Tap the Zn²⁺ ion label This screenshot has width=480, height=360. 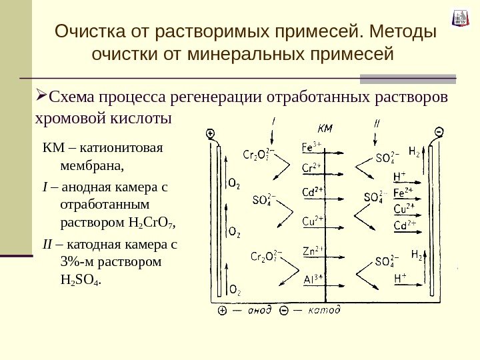point(312,251)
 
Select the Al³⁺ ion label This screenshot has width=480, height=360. point(313,279)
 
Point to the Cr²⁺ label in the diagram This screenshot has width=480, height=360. point(311,167)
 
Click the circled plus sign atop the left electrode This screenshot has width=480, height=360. point(211,134)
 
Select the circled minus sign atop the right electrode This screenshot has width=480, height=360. point(439,132)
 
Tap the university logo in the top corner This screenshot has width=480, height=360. point(459,18)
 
